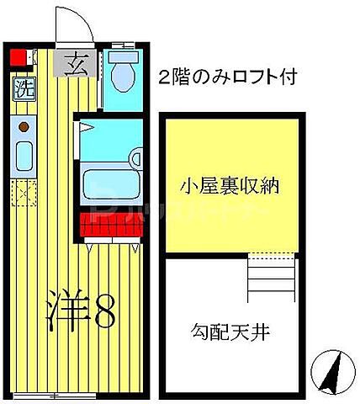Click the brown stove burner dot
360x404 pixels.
click(x=24, y=127)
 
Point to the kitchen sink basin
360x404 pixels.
click(x=24, y=157)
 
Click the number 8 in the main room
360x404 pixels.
click(x=105, y=313)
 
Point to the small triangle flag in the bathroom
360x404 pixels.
click(x=85, y=127)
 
